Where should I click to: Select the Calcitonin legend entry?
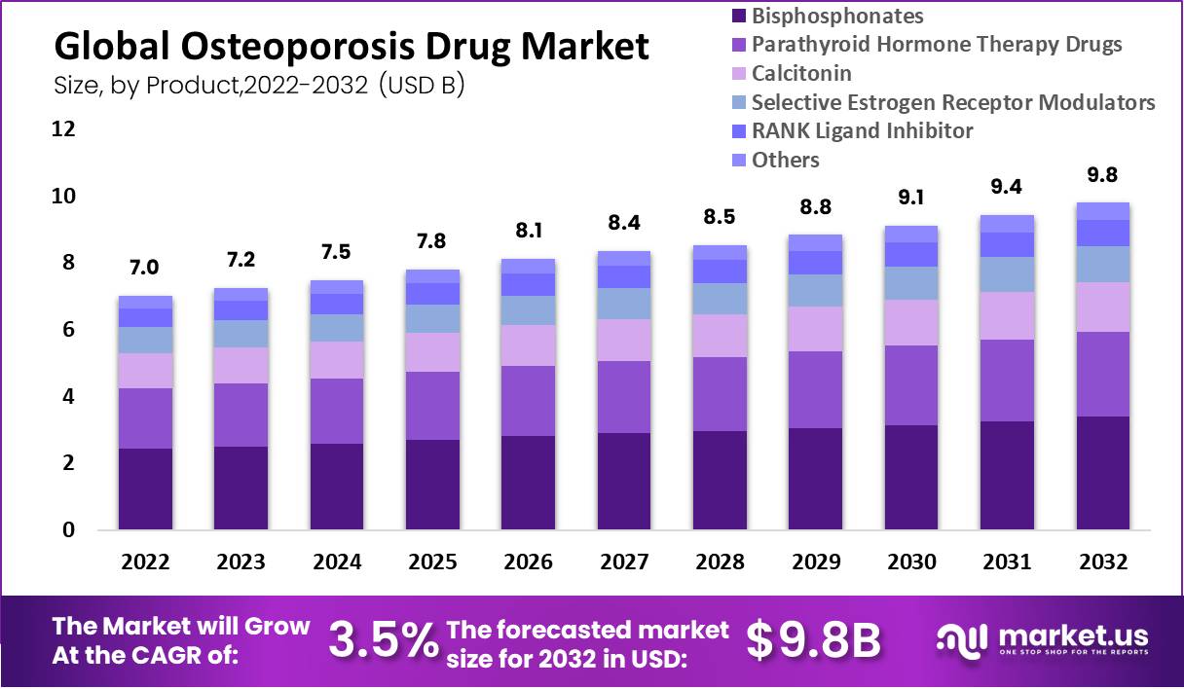(801, 73)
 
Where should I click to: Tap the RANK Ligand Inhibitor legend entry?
(862, 130)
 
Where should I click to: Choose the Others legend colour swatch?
(737, 160)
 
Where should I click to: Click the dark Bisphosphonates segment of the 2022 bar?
(145, 489)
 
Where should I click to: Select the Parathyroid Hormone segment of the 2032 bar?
(1102, 374)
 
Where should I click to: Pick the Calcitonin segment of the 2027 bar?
(623, 340)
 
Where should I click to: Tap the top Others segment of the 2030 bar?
(910, 234)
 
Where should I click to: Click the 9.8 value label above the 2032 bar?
(1102, 175)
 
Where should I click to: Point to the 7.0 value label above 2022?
(145, 268)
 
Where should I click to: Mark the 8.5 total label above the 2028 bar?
(719, 217)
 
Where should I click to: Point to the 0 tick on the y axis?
(68, 530)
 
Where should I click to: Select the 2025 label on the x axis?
(432, 562)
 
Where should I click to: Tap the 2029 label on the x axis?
(815, 562)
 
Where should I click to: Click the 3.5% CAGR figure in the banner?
(382, 639)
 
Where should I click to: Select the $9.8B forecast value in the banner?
(813, 639)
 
